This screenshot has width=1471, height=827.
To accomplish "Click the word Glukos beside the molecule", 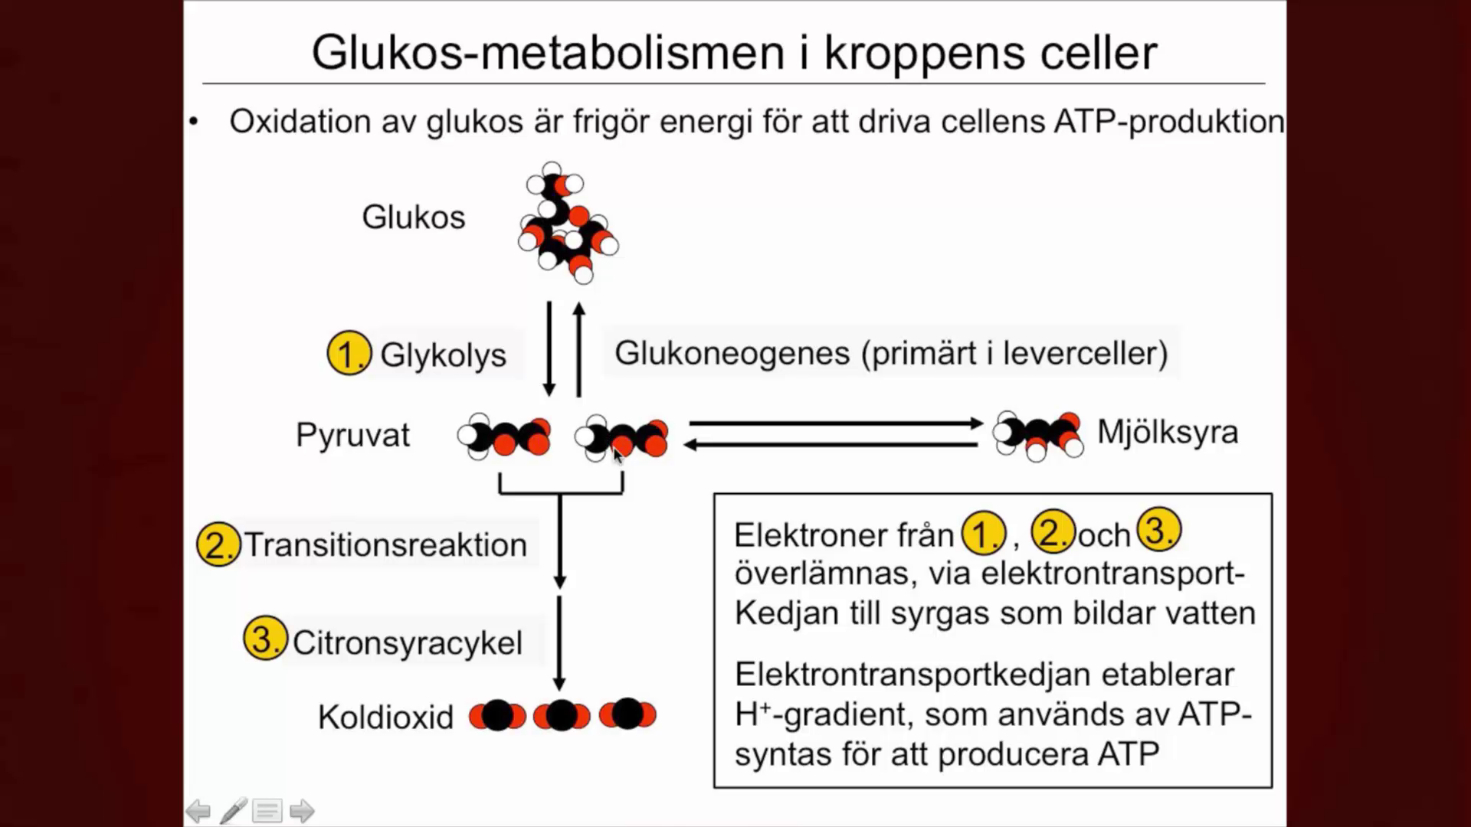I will pos(413,217).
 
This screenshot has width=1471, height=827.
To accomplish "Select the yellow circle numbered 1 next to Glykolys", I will pos(349,353).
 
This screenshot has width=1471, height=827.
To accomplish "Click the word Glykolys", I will pos(443,355).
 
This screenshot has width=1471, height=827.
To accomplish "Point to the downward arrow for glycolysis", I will pos(549,348).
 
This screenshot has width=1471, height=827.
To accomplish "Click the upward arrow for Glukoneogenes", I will pos(579,348).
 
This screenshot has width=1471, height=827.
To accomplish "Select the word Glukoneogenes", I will pos(732,354).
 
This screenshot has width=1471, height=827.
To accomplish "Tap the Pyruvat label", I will pos(352,435).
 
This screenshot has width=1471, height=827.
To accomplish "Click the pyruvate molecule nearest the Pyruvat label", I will pos(505,436).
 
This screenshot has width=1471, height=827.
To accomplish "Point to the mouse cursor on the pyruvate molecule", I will pos(618,455).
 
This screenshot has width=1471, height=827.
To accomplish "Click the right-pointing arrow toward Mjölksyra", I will pos(835,423).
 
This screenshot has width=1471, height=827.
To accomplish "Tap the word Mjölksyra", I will pos(1167,433).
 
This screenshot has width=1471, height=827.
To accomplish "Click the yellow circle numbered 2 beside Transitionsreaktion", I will pos(218,544).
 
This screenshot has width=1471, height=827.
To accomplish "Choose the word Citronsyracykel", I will pos(407,643).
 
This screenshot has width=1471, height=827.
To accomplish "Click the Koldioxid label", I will pos(385,717).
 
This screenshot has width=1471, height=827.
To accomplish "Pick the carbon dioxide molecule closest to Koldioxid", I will pos(497,716).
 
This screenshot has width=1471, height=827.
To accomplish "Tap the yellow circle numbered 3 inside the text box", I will pos(1158,531).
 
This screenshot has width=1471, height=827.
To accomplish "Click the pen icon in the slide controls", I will pos(234,811).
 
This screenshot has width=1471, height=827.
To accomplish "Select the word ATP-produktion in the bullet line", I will pos(1168,122).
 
